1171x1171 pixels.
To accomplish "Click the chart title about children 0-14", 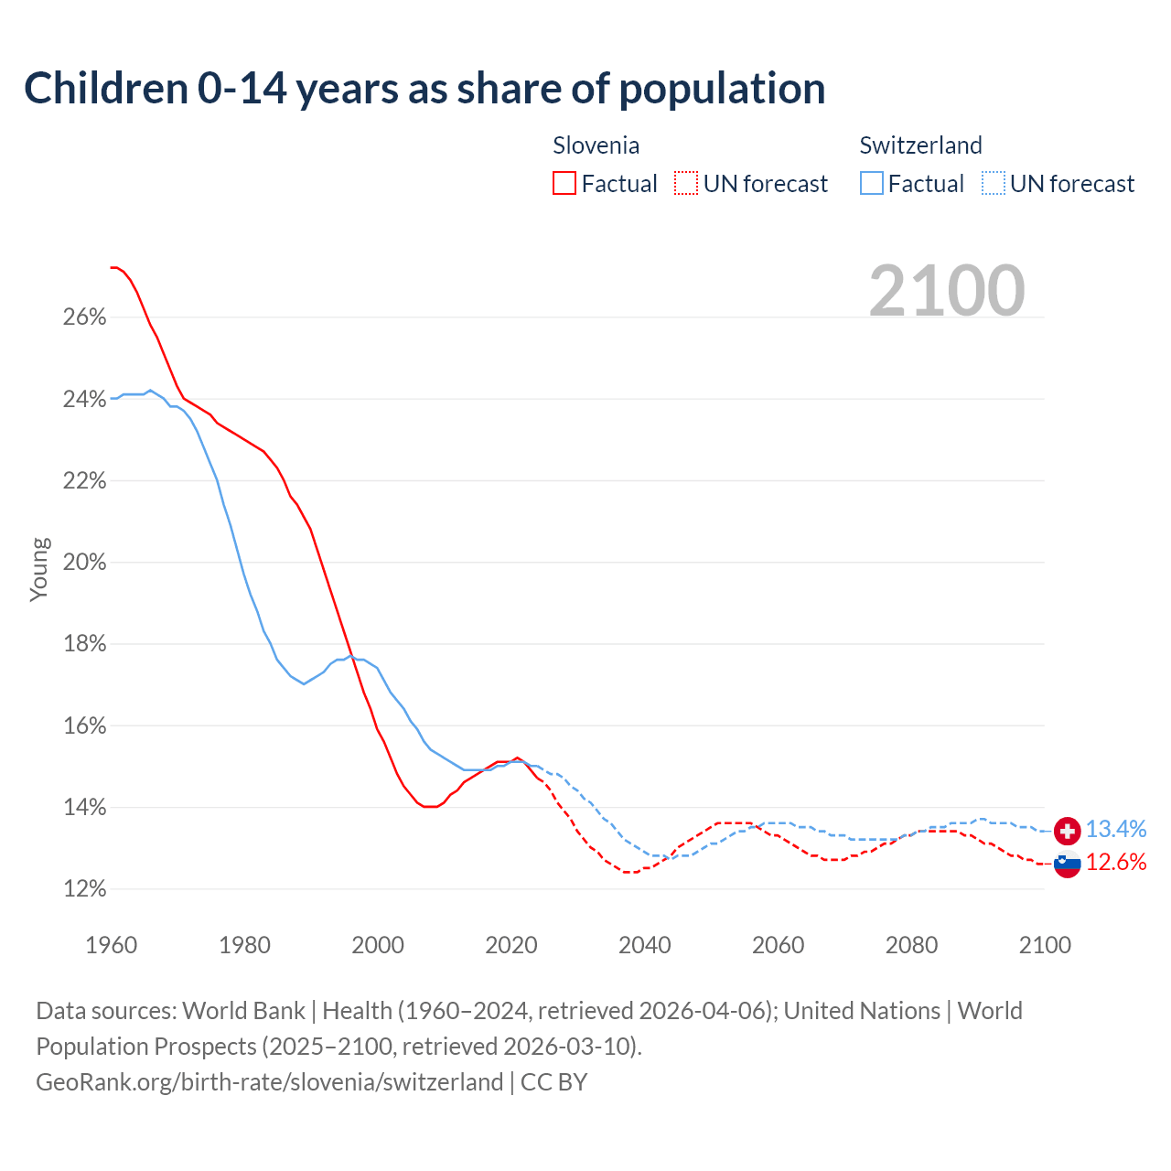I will pyautogui.click(x=424, y=89).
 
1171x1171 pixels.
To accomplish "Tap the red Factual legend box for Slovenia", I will pyautogui.click(x=564, y=184).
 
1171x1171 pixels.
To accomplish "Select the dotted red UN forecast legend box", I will pyautogui.click(x=686, y=184).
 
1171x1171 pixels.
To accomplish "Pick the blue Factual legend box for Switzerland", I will pyautogui.click(x=871, y=184).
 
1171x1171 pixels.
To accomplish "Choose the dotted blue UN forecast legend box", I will pyautogui.click(x=993, y=184).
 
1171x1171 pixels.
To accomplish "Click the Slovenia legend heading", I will pyautogui.click(x=596, y=145).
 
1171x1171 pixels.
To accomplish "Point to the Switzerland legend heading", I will pyautogui.click(x=920, y=145).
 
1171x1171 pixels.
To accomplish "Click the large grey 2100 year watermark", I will pyautogui.click(x=947, y=291).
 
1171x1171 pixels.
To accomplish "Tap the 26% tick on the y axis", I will pyautogui.click(x=85, y=317).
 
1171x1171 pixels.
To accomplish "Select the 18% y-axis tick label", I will pyautogui.click(x=85, y=644).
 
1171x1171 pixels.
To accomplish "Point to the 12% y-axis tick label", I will pyautogui.click(x=85, y=889).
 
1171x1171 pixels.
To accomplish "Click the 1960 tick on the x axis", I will pyautogui.click(x=111, y=945).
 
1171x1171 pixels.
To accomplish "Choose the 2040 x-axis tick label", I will pyautogui.click(x=645, y=945).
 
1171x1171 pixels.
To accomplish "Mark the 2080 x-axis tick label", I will pyautogui.click(x=911, y=945).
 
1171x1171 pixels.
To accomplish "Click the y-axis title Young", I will pyautogui.click(x=39, y=569).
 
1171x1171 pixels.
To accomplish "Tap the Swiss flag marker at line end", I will pyautogui.click(x=1068, y=831).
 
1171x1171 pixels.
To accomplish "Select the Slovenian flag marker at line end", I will pyautogui.click(x=1068, y=864).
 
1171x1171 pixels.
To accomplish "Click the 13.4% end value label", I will pyautogui.click(x=1116, y=830).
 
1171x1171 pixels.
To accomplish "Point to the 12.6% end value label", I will pyautogui.click(x=1116, y=863).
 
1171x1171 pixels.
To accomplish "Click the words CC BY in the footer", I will pyautogui.click(x=553, y=1082).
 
